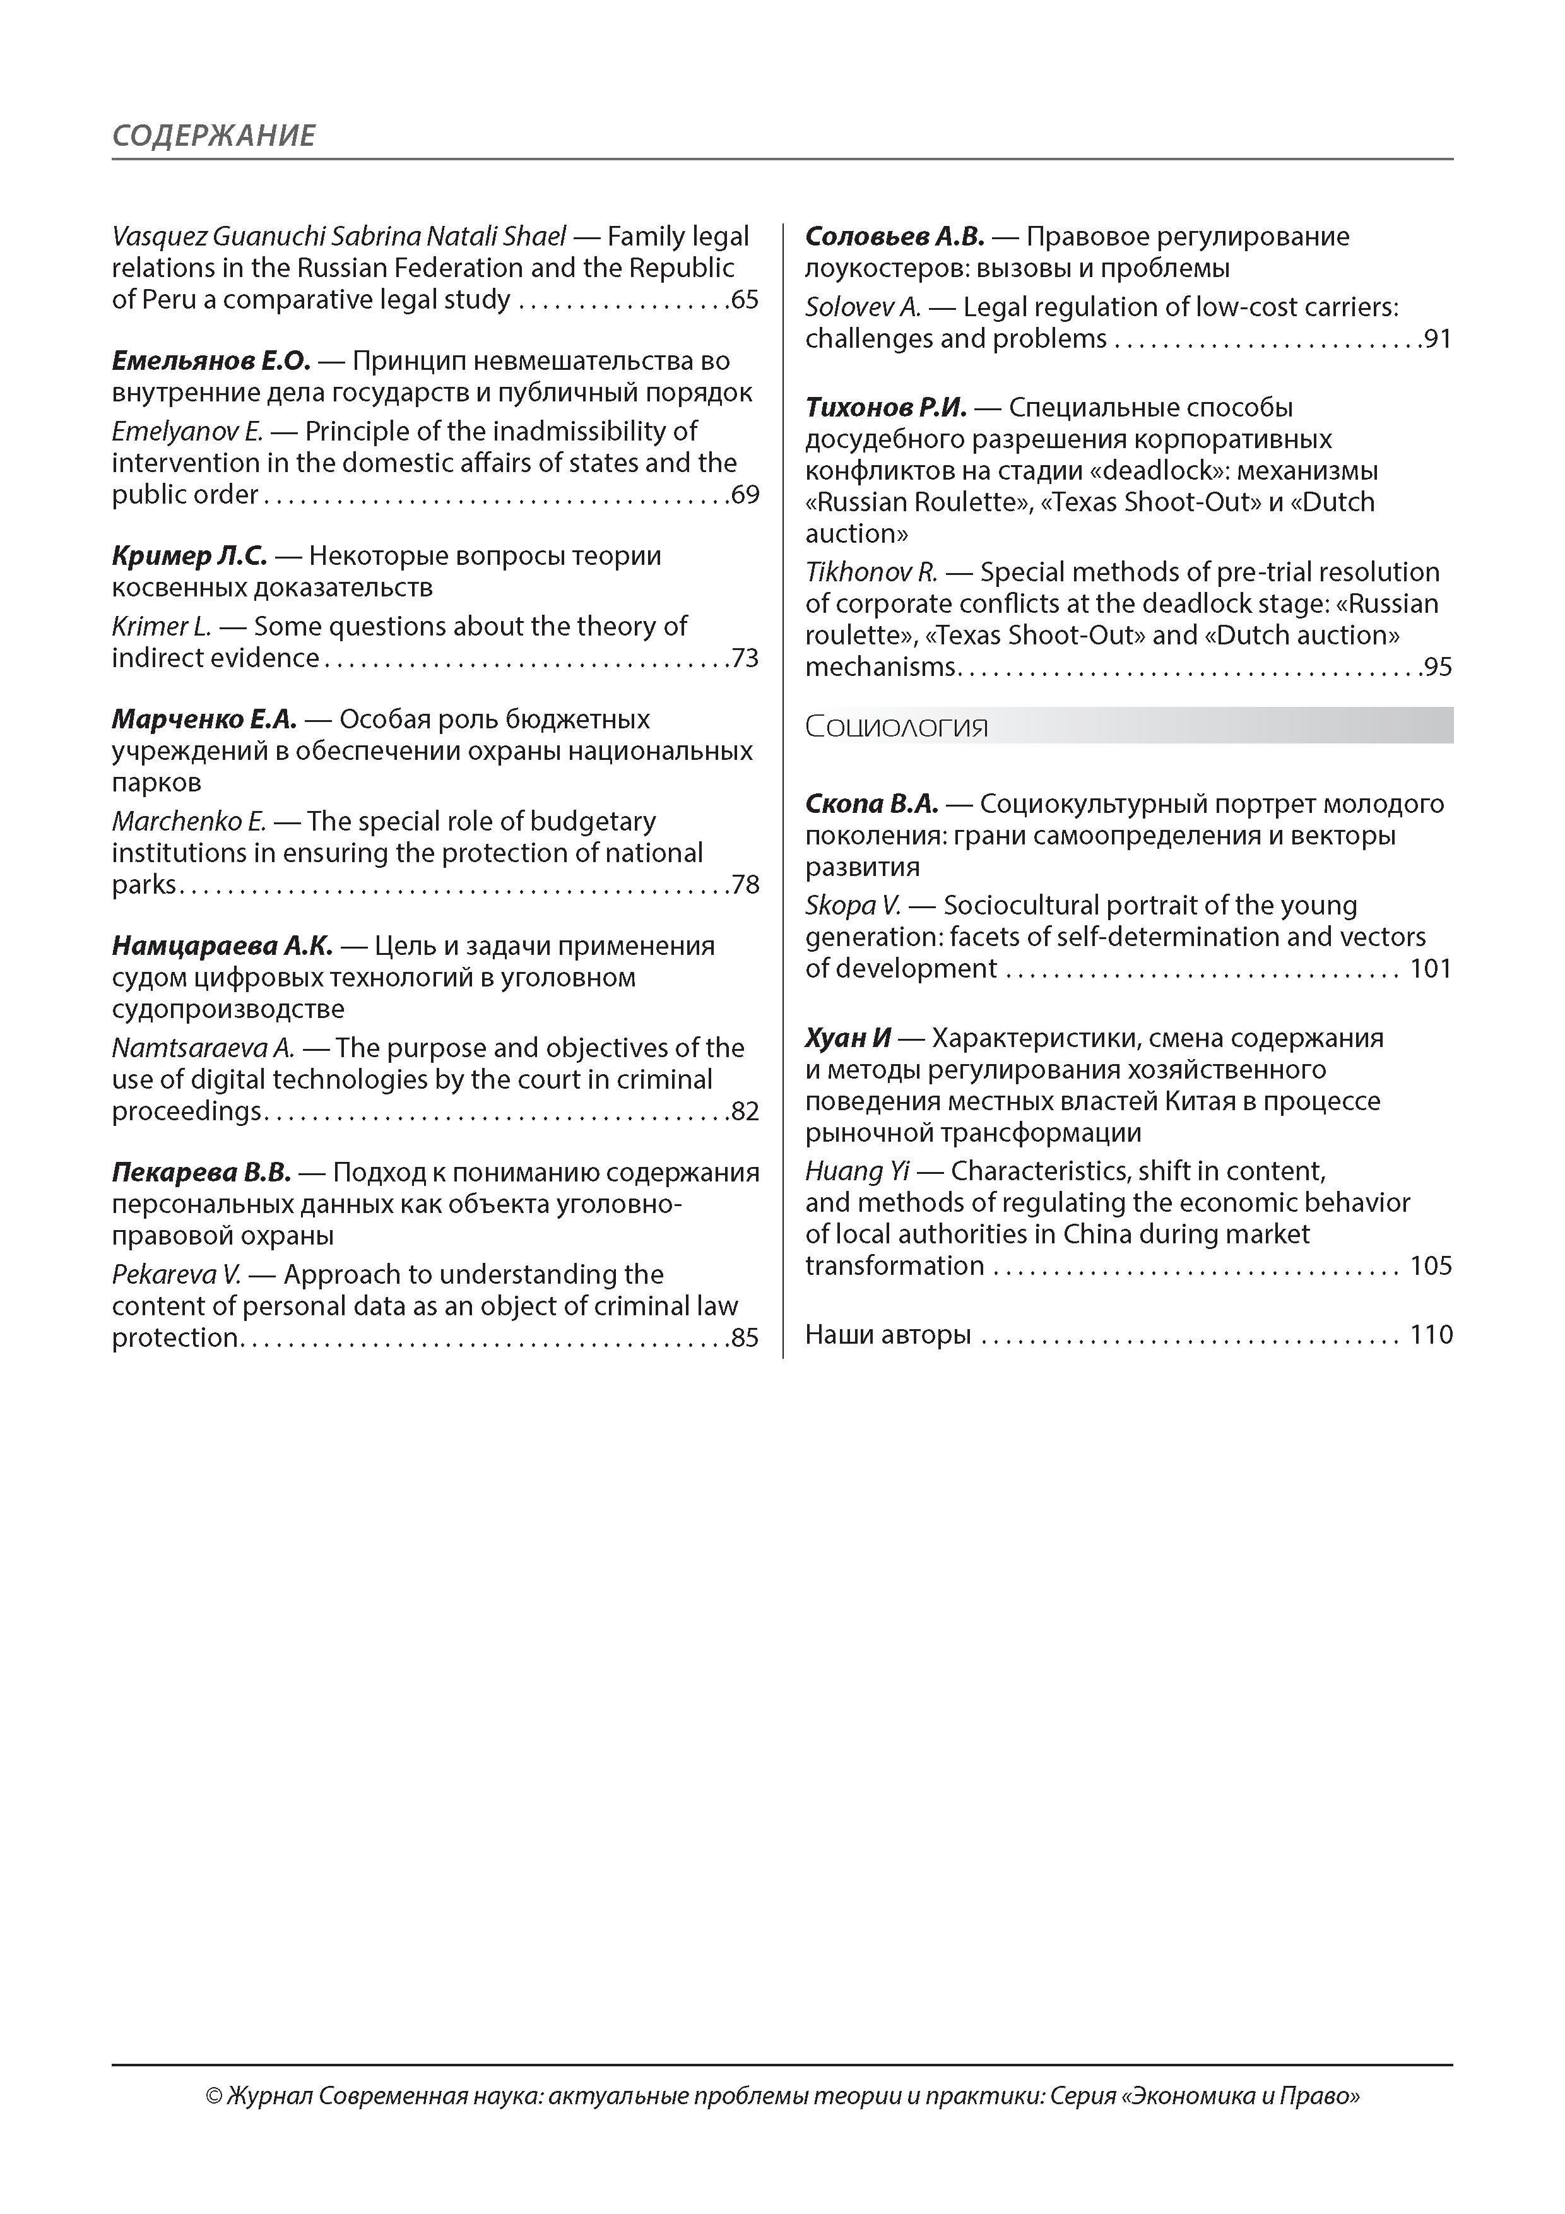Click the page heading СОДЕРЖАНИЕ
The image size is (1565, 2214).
coord(213,135)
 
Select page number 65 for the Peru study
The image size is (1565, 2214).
coord(745,300)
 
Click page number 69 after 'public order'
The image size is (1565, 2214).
coord(745,495)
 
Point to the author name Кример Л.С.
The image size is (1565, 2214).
coord(189,557)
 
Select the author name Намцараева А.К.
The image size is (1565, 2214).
coord(221,946)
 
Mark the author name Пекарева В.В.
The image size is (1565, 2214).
coord(201,1173)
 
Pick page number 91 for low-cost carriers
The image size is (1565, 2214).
coord(1438,340)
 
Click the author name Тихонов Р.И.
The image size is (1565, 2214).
coord(886,408)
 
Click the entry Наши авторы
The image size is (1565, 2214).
coord(888,1335)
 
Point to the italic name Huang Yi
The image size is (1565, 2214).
coord(857,1171)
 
